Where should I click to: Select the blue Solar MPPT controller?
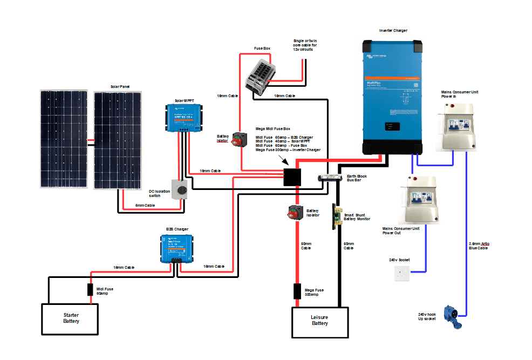184,118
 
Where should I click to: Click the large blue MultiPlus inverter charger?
392,97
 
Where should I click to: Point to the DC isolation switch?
180,190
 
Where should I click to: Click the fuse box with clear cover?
261,75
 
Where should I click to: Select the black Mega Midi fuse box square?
292,176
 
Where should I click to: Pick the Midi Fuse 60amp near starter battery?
91,289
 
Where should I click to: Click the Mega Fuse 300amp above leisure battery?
297,291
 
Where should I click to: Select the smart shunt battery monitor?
335,216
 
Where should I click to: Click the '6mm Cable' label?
145,206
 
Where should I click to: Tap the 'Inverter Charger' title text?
393,31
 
